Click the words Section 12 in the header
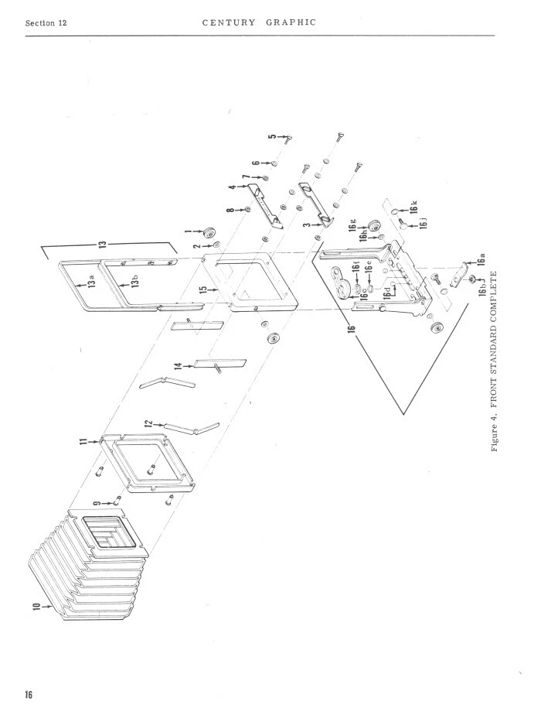click(46, 23)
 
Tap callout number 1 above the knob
click(197, 230)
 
